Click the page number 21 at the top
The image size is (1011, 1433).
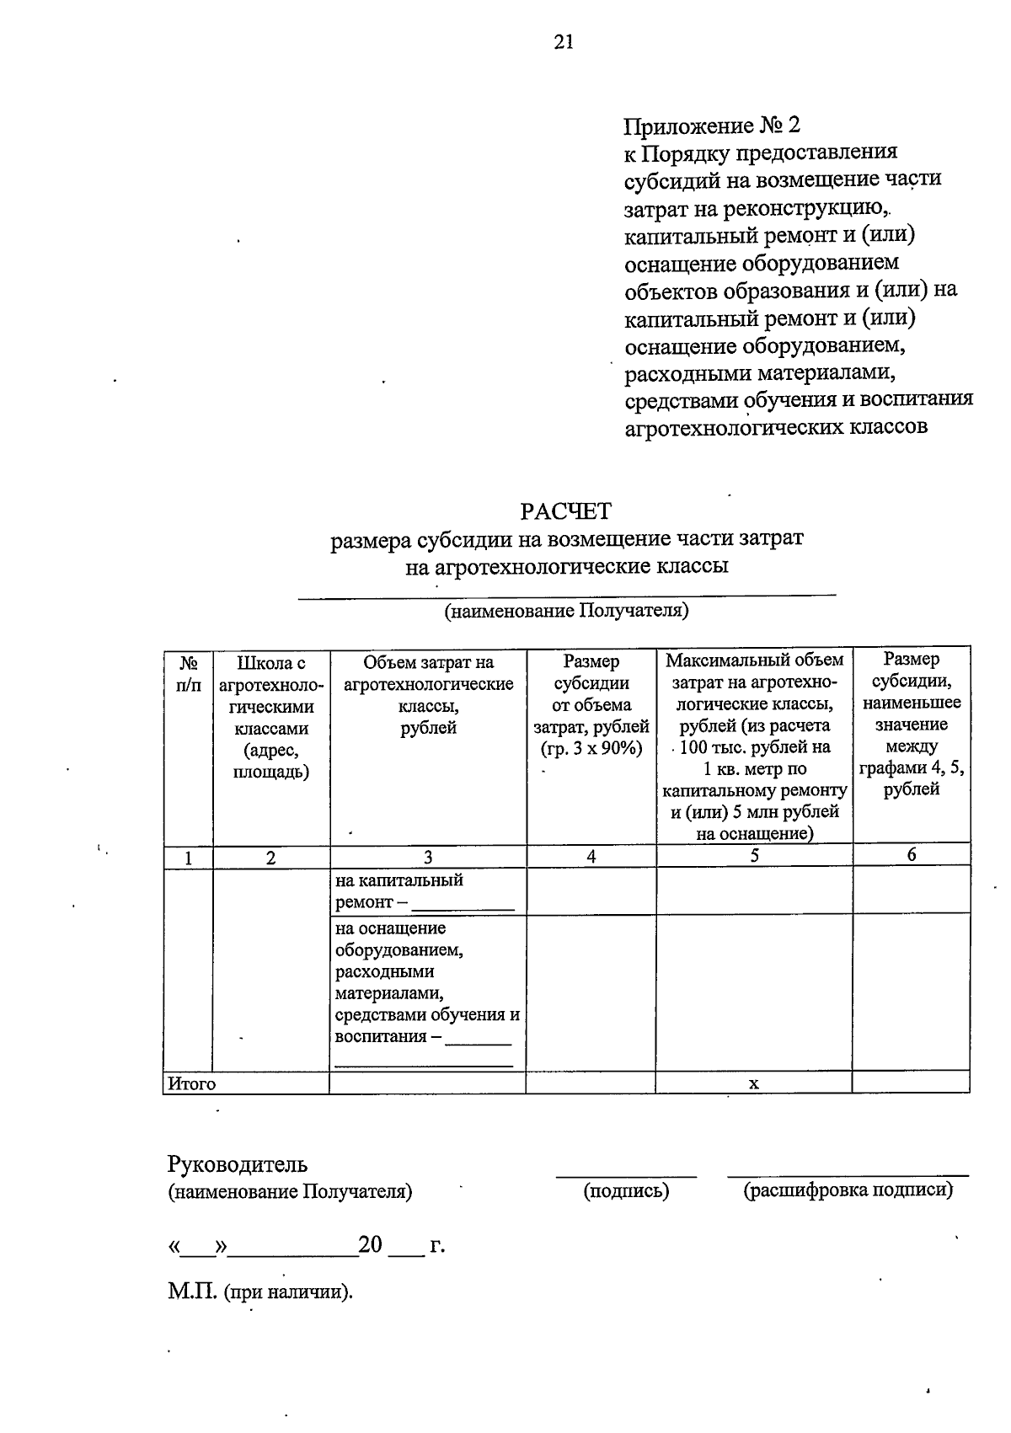(564, 42)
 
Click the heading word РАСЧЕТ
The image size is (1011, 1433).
(565, 511)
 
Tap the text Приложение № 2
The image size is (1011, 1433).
(711, 126)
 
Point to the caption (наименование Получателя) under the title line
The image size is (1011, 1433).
(566, 611)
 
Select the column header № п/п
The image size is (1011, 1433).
(188, 675)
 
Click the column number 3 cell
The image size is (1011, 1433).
(428, 857)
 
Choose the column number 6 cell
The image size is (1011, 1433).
(911, 855)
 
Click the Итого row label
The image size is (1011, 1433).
(192, 1083)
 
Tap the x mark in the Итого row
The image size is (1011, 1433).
(754, 1083)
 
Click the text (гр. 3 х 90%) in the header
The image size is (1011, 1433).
(591, 748)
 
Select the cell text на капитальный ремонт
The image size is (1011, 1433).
(399, 891)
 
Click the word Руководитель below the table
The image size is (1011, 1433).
(238, 1164)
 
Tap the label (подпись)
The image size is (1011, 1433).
(626, 1190)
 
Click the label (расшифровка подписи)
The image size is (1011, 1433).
(848, 1190)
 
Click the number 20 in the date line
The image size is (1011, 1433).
(371, 1244)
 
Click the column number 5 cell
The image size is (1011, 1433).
(754, 856)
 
